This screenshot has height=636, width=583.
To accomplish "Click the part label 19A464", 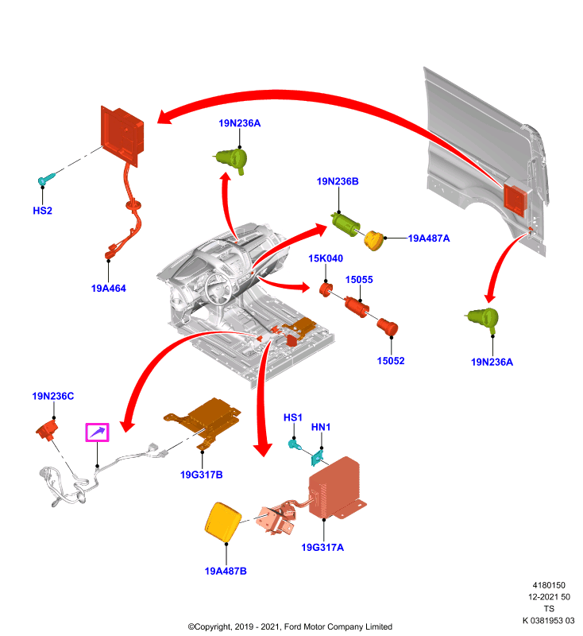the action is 109,289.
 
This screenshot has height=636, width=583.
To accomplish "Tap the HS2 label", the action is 43,211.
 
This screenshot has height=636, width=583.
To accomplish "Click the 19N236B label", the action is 338,181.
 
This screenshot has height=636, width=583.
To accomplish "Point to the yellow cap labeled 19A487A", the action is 374,241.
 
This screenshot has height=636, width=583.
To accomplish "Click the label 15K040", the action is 326,258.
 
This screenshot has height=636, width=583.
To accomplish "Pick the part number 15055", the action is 359,280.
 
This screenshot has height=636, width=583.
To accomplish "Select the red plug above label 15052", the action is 388,327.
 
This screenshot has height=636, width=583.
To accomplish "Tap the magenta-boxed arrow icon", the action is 97,432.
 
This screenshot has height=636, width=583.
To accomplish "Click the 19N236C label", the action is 53,396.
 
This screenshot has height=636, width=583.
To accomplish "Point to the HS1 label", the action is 293,417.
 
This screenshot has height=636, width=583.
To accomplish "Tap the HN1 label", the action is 321,427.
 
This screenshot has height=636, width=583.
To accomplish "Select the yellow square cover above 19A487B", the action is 223,522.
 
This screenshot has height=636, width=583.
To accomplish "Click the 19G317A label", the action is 322,548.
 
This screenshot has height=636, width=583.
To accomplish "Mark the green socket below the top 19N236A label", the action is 231,160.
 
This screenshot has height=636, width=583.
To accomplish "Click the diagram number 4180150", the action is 549,585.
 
